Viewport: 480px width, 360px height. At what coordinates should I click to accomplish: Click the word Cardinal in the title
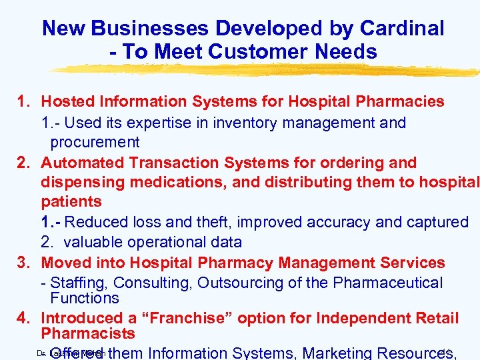(402, 28)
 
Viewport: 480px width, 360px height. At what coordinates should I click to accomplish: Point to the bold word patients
(71, 201)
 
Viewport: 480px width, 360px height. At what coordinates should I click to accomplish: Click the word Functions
(84, 298)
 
